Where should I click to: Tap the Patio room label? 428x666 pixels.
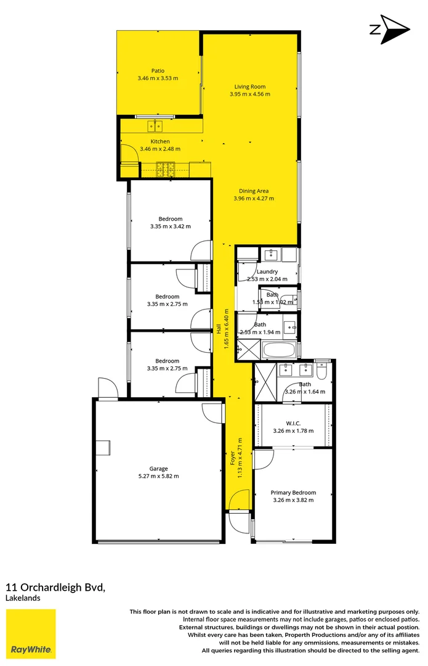(x=158, y=71)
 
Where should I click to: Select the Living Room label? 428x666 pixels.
(x=250, y=86)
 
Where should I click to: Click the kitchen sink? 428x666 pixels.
(x=154, y=126)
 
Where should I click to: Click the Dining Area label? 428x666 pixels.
(x=254, y=191)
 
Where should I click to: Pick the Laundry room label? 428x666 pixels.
(x=267, y=271)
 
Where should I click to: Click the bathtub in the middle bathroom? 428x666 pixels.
(x=280, y=350)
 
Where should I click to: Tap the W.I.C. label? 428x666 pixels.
(x=293, y=422)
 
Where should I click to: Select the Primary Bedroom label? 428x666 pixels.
(x=293, y=492)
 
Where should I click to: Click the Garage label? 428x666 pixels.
(x=158, y=469)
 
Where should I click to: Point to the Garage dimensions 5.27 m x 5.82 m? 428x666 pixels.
(x=158, y=476)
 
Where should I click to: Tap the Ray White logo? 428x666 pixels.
(x=31, y=634)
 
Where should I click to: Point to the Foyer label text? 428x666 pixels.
(x=233, y=468)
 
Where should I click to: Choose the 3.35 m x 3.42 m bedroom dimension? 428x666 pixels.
(x=170, y=226)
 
